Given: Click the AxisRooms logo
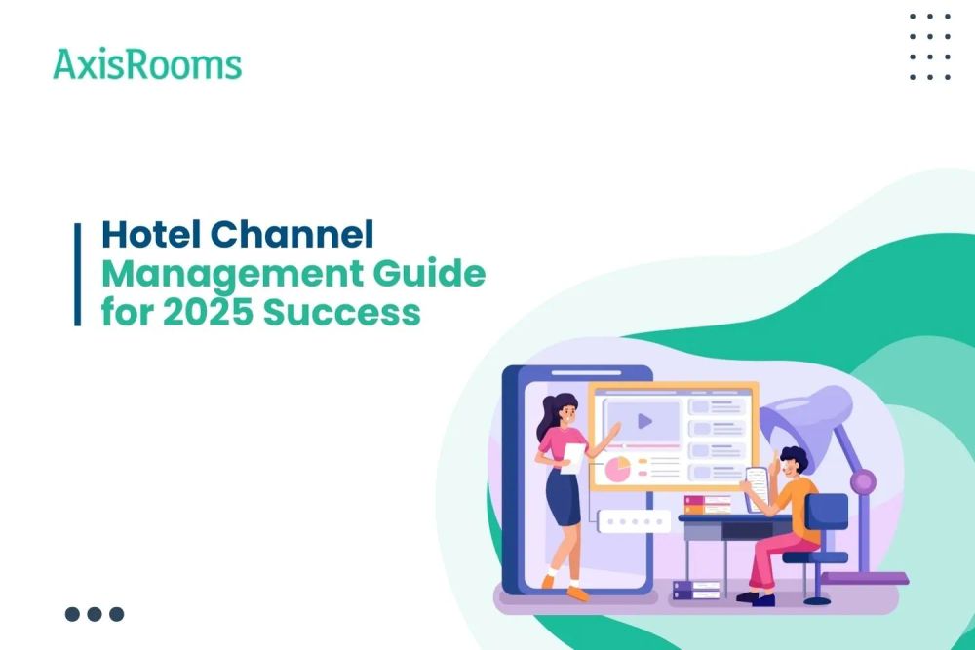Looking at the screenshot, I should coord(147,64).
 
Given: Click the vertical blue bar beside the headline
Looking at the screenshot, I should coord(78,274).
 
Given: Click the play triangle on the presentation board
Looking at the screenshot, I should coord(643,422).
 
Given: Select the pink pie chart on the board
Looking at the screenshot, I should coord(618,470).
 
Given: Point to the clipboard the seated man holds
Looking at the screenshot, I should coord(756,481).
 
